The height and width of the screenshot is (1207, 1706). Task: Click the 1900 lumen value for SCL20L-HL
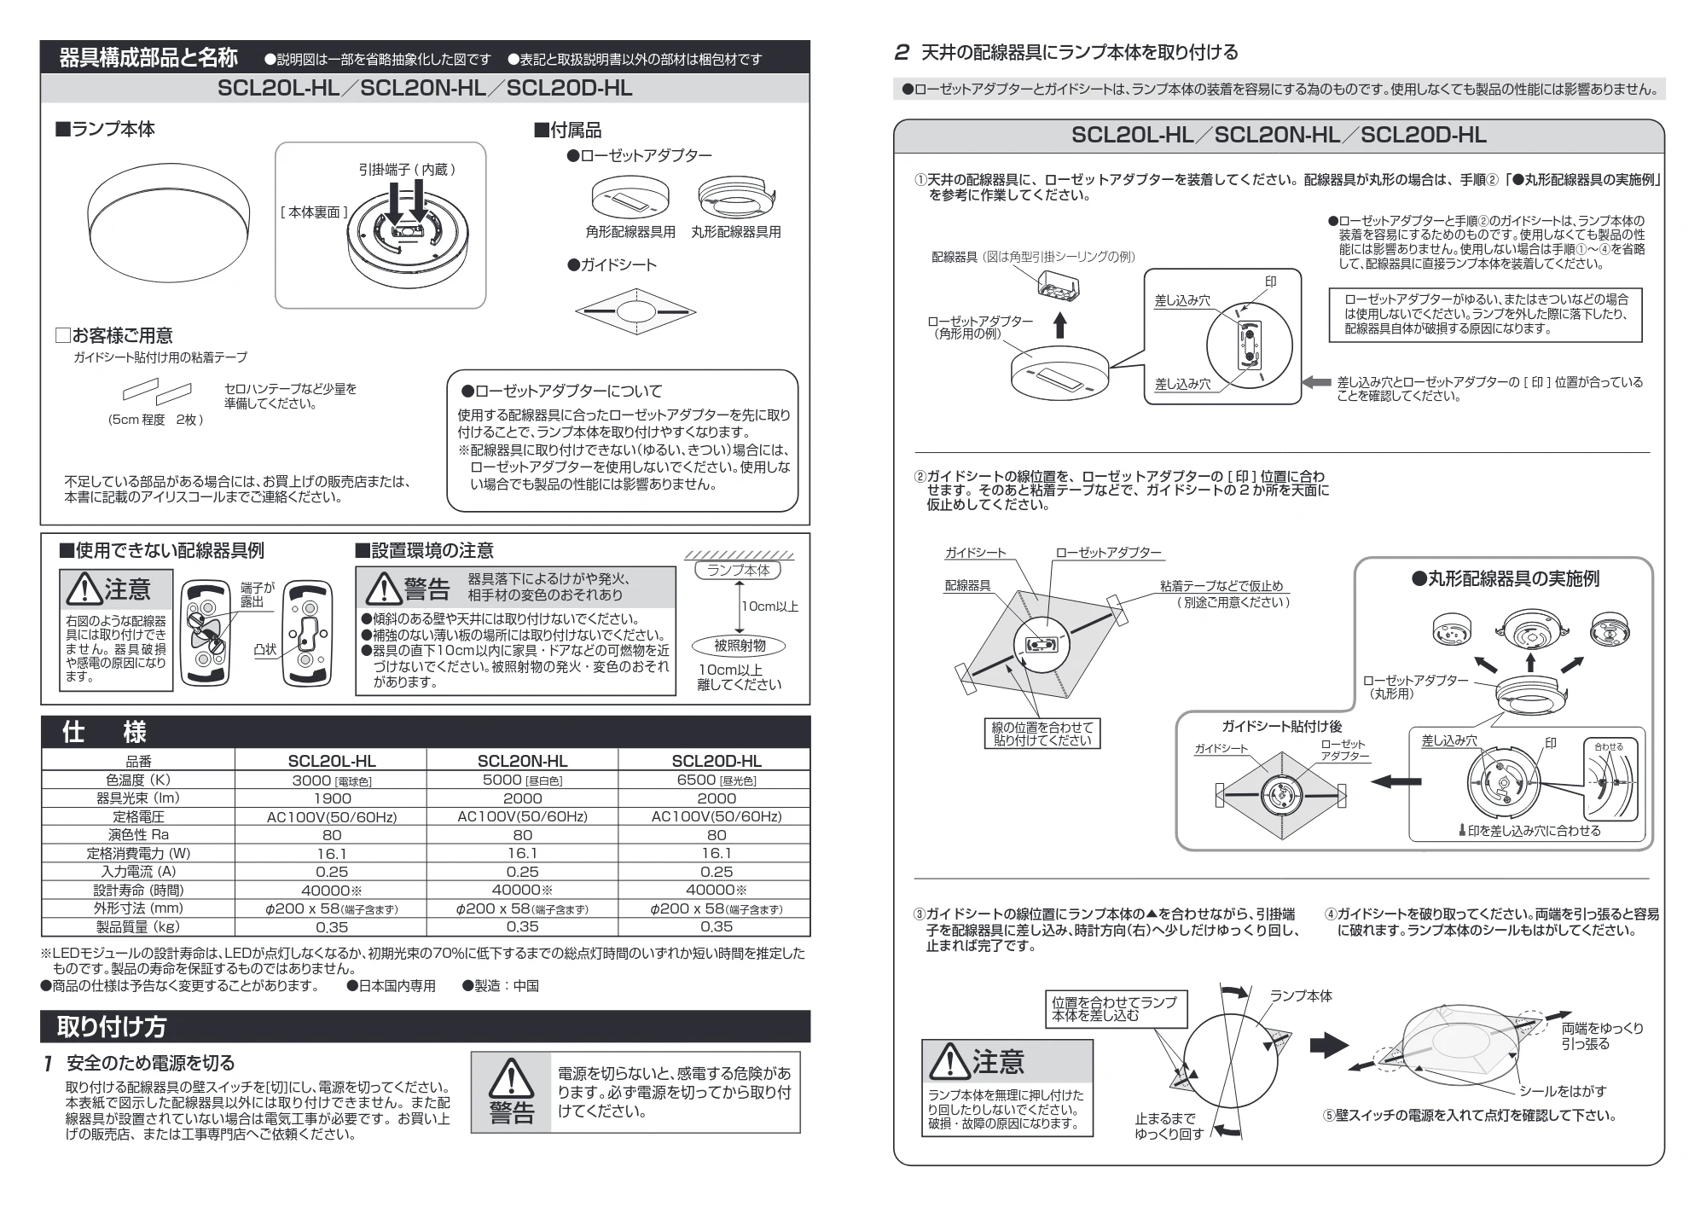point(332,798)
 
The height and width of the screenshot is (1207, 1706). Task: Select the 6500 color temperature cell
point(716,780)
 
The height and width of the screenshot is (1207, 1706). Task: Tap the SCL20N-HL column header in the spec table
point(522,761)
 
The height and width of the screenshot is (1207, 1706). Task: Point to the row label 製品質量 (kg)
point(137,927)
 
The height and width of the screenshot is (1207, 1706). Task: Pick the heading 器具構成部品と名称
point(148,58)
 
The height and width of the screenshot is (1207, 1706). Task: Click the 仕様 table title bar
point(426,732)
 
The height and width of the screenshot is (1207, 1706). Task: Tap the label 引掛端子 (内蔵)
point(407,170)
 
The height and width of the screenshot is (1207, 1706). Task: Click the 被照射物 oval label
point(740,646)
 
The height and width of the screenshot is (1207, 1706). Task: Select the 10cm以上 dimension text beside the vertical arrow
point(769,606)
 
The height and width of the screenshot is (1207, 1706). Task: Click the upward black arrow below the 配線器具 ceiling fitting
point(1059,326)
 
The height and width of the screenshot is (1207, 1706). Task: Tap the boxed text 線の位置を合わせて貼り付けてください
point(1042,734)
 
